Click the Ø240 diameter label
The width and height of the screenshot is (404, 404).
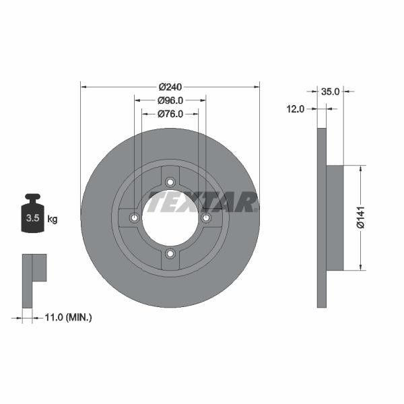(x=170, y=86)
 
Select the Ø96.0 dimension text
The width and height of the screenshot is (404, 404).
(x=170, y=100)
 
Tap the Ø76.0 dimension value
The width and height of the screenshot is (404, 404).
(x=170, y=114)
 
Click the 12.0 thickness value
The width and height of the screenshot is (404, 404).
(x=296, y=108)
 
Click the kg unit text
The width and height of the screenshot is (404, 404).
(x=53, y=219)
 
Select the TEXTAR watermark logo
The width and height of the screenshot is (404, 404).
(x=202, y=201)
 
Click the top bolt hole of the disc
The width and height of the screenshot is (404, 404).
(x=170, y=182)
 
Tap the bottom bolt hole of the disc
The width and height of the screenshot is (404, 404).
(x=170, y=253)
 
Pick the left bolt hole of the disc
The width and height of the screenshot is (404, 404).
(x=135, y=217)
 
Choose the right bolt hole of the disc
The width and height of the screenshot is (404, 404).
(x=206, y=217)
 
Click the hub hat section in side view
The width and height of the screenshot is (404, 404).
(x=335, y=218)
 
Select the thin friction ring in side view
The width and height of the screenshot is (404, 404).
(x=321, y=218)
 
